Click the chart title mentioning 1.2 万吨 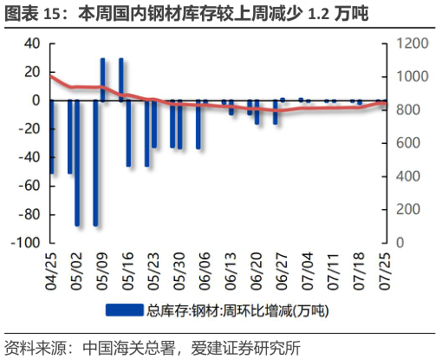186,14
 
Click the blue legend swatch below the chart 125,309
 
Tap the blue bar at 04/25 51,137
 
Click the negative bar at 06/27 275,112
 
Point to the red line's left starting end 51,76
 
